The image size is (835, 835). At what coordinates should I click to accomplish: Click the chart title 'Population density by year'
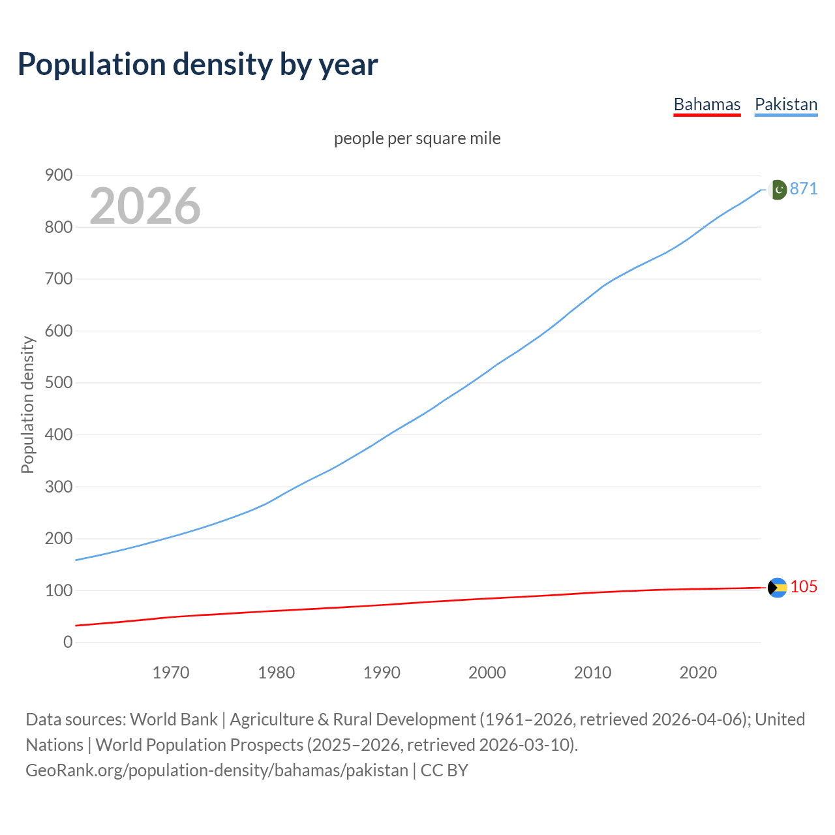tap(198, 65)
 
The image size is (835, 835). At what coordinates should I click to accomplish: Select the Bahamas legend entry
tap(706, 104)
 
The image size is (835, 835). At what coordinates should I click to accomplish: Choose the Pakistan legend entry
tap(785, 104)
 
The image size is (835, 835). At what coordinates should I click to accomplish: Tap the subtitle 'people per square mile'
tap(417, 138)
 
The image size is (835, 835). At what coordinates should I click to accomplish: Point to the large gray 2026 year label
tap(145, 206)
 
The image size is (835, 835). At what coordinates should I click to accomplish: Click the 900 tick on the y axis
tap(58, 175)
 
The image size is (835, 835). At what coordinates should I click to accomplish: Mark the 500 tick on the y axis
tap(58, 382)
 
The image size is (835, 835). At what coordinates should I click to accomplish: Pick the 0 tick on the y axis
tap(68, 642)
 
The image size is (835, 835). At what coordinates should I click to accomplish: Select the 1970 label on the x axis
tap(171, 672)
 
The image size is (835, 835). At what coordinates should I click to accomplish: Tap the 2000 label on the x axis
tap(487, 672)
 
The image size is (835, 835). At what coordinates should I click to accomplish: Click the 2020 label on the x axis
tap(698, 672)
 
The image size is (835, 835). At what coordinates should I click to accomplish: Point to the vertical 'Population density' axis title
tap(27, 404)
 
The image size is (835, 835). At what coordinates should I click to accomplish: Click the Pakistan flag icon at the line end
tap(777, 190)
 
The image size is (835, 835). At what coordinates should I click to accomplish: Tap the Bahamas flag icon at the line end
tap(777, 588)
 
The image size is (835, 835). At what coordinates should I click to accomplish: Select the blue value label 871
tap(804, 189)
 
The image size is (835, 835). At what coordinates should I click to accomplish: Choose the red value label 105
tap(804, 586)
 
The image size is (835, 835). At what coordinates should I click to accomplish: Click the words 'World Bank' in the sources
tap(174, 719)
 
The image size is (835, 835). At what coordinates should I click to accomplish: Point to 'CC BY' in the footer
tap(444, 770)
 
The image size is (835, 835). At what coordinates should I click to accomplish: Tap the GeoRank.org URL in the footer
tap(217, 770)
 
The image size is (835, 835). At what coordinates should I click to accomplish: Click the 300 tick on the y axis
tap(58, 486)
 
